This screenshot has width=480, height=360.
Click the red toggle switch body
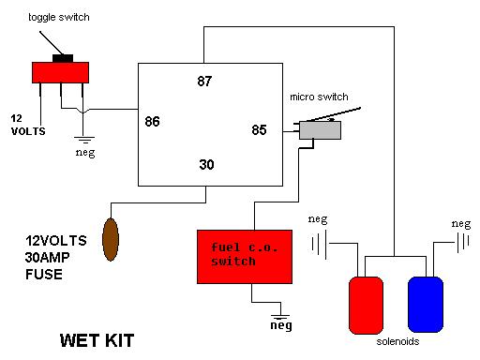click(60, 72)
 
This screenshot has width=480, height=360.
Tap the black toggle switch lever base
click(63, 58)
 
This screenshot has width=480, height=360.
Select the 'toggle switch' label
click(59, 17)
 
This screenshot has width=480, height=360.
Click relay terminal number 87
click(204, 82)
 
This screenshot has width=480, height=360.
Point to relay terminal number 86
click(152, 122)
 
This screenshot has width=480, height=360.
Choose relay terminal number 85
click(259, 130)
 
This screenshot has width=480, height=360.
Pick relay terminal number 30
click(206, 165)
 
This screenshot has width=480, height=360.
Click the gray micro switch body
click(320, 130)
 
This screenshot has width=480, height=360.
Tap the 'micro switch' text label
click(319, 97)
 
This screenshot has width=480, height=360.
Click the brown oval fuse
click(111, 239)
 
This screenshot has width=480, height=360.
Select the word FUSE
click(44, 275)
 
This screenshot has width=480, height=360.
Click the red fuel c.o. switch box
click(245, 257)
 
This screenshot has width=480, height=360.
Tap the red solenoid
click(366, 306)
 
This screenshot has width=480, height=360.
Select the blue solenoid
click(426, 305)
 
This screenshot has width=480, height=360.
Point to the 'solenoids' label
click(397, 341)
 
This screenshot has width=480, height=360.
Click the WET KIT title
click(97, 340)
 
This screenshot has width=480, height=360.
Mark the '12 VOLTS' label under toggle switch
click(28, 125)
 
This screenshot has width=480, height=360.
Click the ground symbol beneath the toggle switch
click(84, 140)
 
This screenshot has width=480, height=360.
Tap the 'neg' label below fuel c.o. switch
click(281, 325)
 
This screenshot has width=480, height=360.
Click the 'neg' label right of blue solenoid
click(461, 224)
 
